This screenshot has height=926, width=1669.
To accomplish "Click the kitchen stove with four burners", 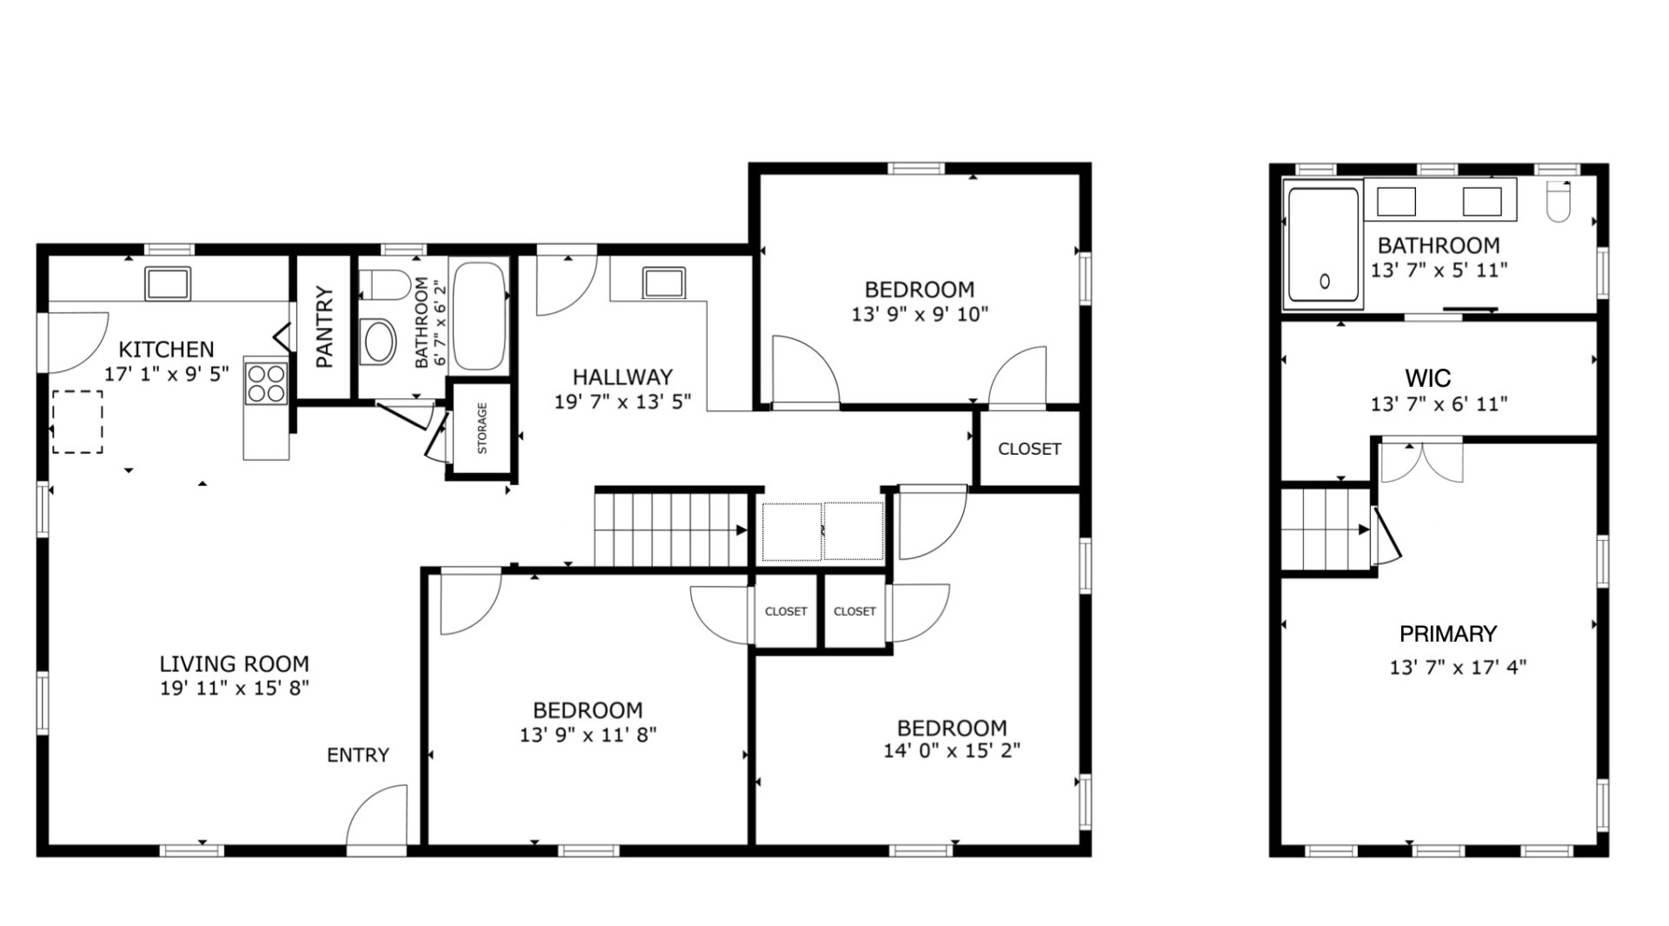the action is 266,383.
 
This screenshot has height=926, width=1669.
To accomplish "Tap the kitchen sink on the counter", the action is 168,284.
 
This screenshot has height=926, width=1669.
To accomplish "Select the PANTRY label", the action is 324,327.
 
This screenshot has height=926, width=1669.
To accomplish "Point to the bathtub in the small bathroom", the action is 479,316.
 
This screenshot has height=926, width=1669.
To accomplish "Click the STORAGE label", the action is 482,429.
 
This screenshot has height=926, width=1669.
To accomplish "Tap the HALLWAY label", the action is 622,377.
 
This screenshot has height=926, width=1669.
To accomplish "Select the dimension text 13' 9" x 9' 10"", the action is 920,314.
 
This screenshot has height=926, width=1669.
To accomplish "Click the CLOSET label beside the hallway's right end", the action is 1029,449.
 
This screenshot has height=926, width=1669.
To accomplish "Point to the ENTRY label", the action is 358,756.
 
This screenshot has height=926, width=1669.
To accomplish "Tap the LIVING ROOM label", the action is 234,664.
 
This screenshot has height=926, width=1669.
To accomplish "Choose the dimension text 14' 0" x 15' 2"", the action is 952,750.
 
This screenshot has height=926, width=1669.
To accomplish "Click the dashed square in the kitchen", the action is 77,422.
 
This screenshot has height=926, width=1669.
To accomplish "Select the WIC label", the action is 1427,378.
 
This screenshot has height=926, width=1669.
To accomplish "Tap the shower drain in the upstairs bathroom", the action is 1325,282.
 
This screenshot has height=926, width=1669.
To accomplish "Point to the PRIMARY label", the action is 1448,634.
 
